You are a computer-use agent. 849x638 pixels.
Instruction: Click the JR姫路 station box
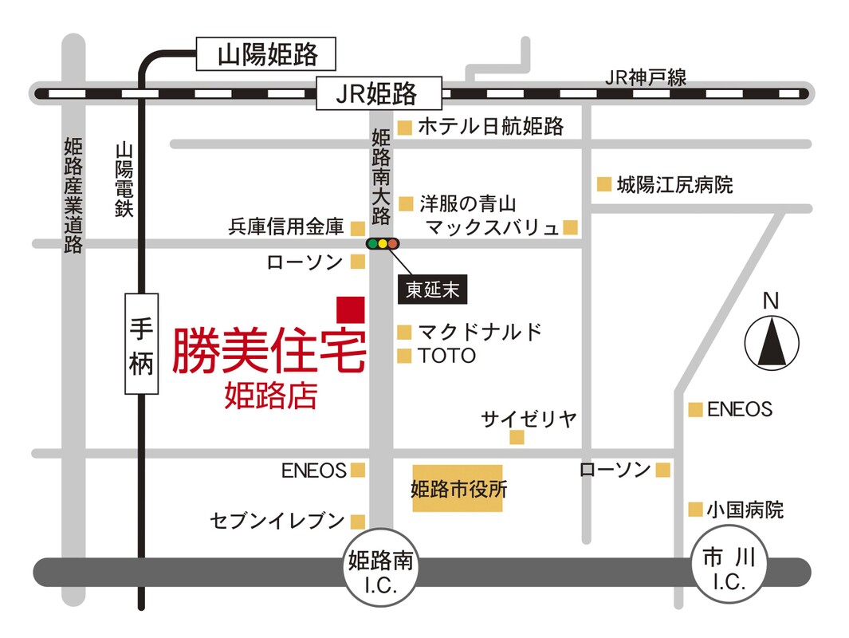(x=379, y=93)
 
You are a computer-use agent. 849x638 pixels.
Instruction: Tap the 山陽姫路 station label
(x=265, y=53)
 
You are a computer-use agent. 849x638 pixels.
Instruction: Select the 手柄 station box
(x=141, y=344)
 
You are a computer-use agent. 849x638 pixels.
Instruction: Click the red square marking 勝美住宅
(x=350, y=309)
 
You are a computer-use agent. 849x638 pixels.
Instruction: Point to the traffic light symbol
(x=383, y=244)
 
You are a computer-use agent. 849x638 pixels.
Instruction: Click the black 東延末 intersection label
(x=432, y=289)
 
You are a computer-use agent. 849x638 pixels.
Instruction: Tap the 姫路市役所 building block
(x=458, y=488)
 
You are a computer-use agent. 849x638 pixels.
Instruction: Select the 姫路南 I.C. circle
(x=380, y=567)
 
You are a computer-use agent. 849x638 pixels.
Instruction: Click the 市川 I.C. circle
(x=729, y=567)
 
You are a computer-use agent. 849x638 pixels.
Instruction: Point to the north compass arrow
(x=772, y=342)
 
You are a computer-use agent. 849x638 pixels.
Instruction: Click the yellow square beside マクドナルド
(x=404, y=332)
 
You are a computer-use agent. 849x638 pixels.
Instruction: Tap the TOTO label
(x=446, y=356)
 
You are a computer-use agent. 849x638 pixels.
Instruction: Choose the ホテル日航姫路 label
(x=490, y=126)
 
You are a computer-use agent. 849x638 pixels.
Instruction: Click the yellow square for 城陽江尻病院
(x=604, y=184)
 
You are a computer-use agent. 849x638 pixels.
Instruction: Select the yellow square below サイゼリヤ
(x=517, y=437)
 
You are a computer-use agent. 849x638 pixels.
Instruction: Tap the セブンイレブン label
(x=277, y=521)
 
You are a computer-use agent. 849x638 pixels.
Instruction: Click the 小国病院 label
(x=745, y=510)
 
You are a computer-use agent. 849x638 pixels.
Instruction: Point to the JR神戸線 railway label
(x=646, y=77)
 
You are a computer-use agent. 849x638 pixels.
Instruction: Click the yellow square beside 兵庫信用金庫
(x=357, y=228)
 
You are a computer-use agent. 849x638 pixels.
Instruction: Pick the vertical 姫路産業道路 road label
(x=73, y=195)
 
